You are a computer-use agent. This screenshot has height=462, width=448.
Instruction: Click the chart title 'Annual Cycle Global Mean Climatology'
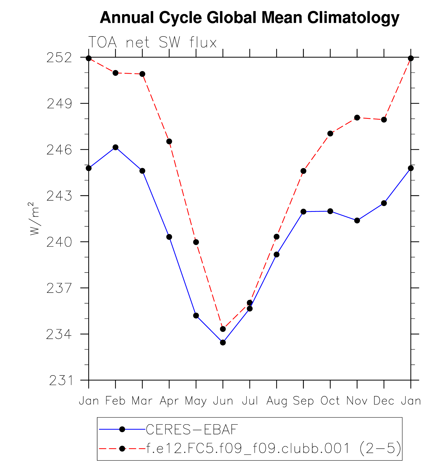click(249, 18)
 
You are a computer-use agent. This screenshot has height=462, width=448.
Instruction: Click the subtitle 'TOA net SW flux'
click(152, 42)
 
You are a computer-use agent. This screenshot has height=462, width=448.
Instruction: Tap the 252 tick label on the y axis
click(59, 58)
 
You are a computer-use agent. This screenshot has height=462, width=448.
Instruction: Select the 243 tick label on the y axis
click(59, 196)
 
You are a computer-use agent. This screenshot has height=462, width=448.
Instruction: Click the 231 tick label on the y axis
click(61, 380)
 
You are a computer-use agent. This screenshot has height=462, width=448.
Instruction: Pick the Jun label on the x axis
click(223, 401)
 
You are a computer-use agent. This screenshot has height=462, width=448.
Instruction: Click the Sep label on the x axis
click(303, 401)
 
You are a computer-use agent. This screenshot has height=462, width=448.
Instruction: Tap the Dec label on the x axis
click(384, 401)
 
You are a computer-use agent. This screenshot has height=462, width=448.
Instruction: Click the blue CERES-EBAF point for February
click(116, 147)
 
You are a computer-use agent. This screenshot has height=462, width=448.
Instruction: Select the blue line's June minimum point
click(223, 342)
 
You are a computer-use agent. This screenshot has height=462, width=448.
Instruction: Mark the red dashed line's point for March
click(142, 74)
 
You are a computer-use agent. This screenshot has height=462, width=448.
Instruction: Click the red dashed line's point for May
click(196, 242)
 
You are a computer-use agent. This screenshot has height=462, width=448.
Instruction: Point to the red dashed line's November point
click(357, 117)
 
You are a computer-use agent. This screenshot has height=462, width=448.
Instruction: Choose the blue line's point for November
click(357, 221)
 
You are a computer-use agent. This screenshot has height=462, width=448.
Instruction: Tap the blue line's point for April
click(169, 237)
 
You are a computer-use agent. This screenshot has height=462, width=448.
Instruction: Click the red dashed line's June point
click(223, 329)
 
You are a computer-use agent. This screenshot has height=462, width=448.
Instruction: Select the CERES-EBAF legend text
click(192, 429)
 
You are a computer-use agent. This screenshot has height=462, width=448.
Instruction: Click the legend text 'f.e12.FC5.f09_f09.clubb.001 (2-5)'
click(274, 448)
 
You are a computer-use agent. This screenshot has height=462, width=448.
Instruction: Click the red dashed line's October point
click(330, 134)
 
